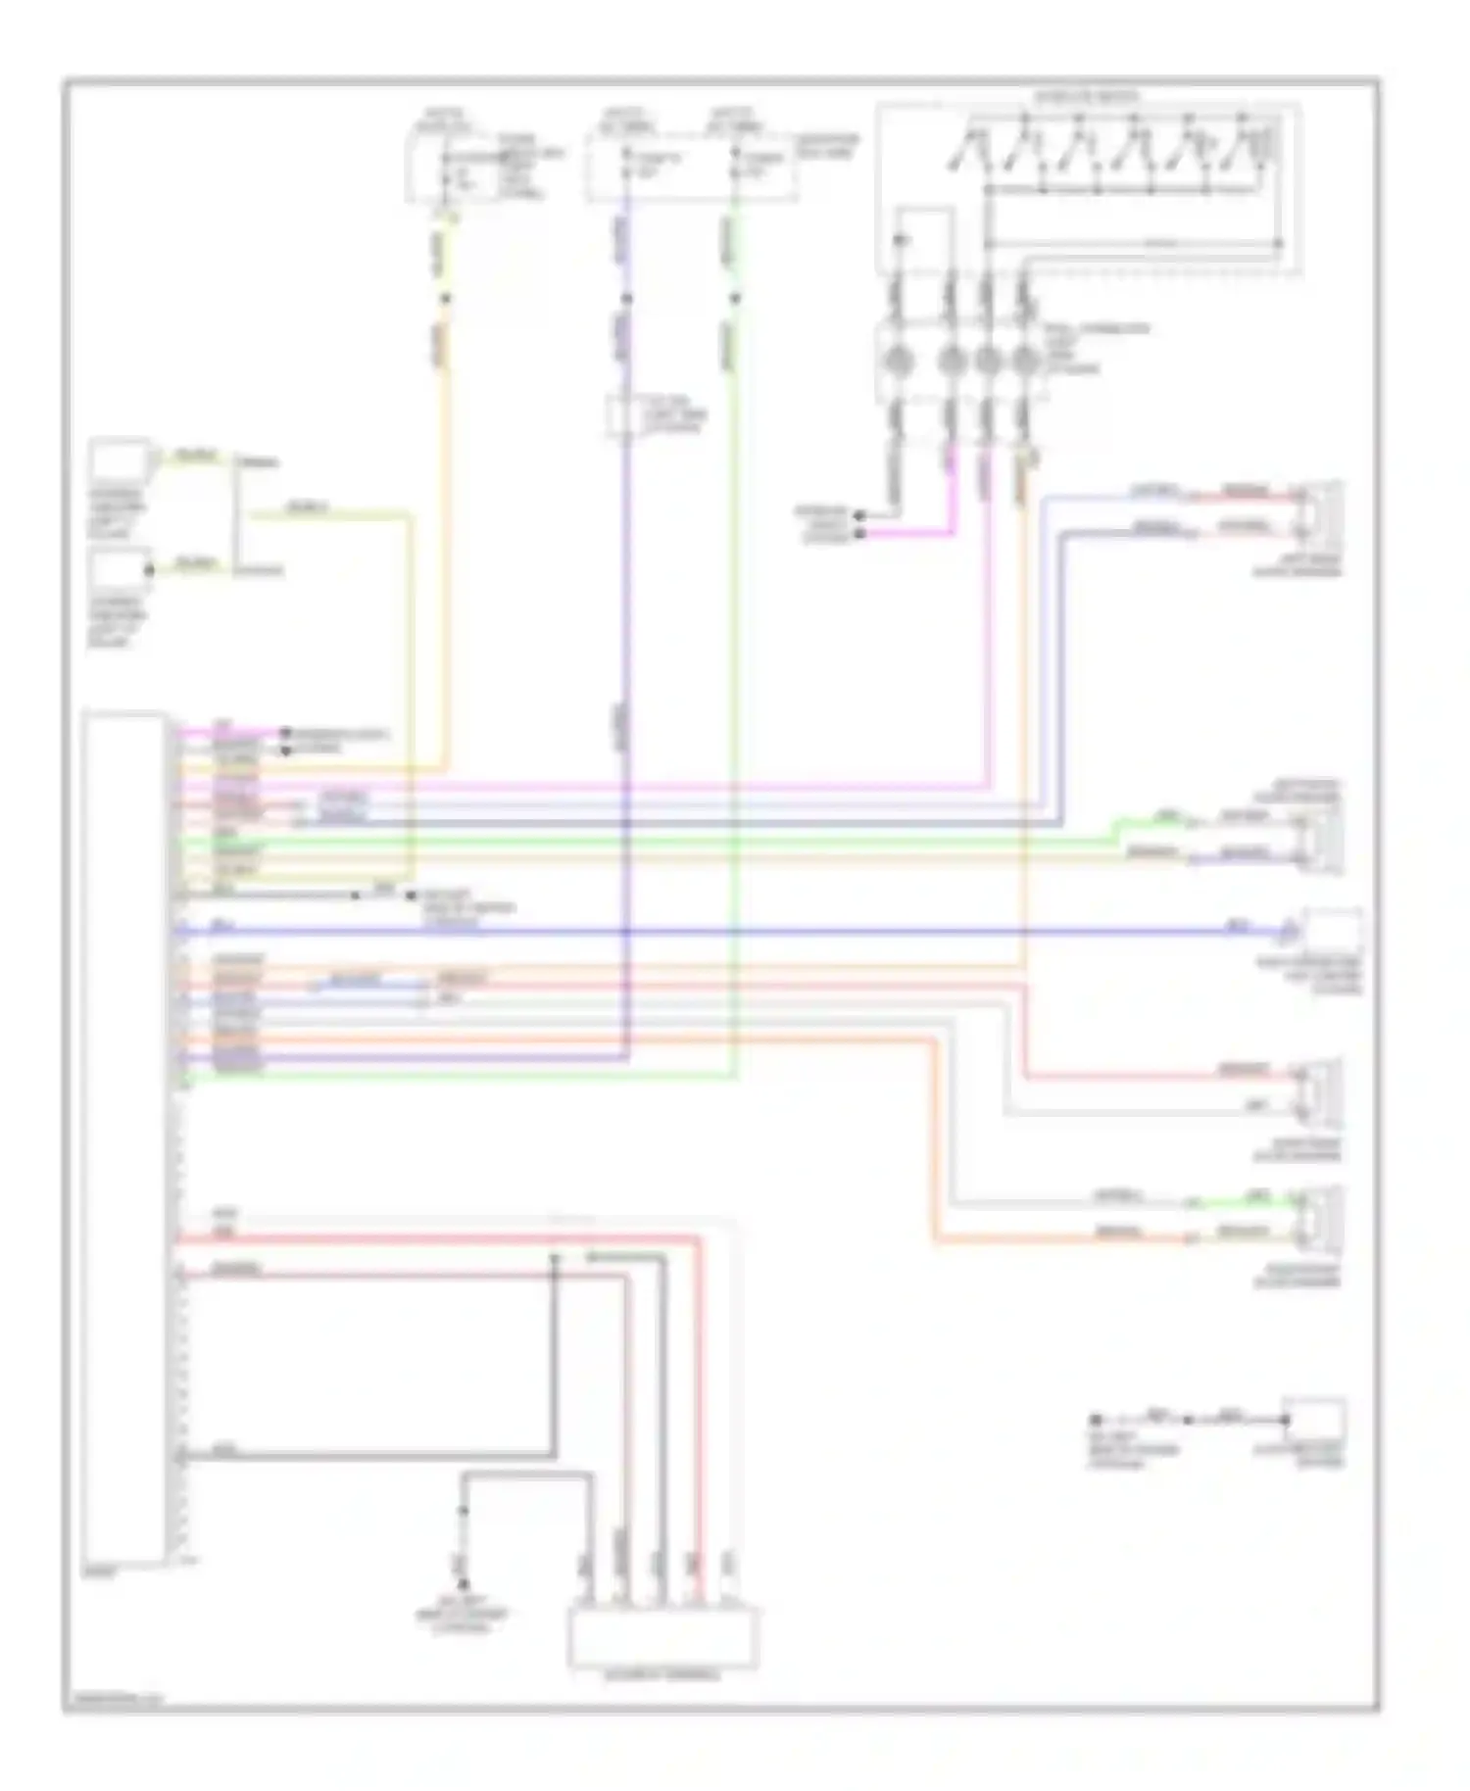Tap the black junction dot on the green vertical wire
click(x=735, y=298)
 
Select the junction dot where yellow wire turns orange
click(x=445, y=298)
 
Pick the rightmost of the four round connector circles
click(x=1025, y=363)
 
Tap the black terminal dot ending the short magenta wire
click(x=859, y=534)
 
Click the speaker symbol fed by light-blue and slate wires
click(x=1322, y=510)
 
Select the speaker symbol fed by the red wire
click(x=1322, y=1090)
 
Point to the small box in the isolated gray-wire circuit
click(x=1314, y=1420)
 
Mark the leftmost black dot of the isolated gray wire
click(x=1096, y=1420)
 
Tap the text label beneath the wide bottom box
click(x=663, y=1676)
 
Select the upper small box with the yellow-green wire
click(x=119, y=460)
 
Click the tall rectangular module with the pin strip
click(x=124, y=1137)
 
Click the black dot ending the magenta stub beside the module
click(x=285, y=732)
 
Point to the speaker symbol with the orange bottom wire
click(x=1322, y=1218)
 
